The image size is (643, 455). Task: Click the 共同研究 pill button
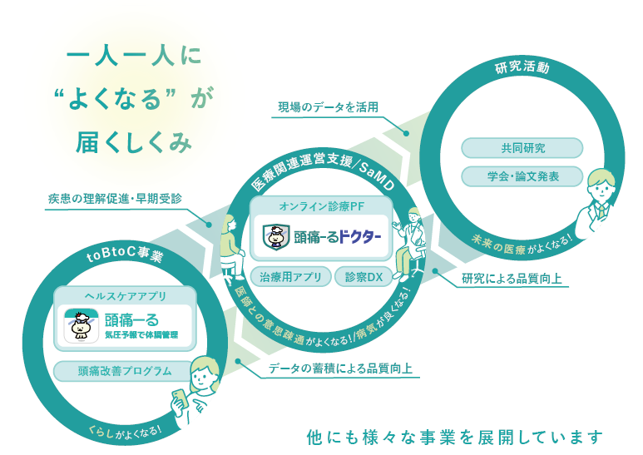[x=522, y=148]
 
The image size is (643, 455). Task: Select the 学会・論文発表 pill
[x=522, y=176]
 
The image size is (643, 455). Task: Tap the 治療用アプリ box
[x=290, y=278]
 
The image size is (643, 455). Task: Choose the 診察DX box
[x=364, y=278]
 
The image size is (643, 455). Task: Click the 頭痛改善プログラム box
[x=124, y=371]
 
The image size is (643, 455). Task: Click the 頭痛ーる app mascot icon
[x=82, y=326]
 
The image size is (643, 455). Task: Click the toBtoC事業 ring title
[x=125, y=255]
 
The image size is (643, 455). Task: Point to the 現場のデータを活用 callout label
[x=328, y=107]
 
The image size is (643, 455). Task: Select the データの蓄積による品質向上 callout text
[x=341, y=368]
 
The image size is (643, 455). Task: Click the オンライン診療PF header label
[x=322, y=205]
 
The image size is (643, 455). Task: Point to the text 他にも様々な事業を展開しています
[x=453, y=436]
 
